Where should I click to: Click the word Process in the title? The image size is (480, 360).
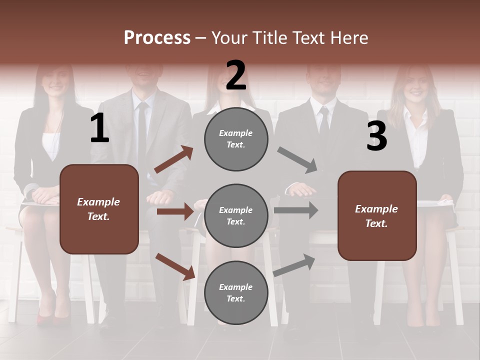click(x=157, y=37)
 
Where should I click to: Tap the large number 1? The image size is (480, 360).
click(x=99, y=128)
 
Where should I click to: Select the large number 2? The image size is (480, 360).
click(x=236, y=75)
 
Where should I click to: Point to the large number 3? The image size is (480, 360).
click(x=376, y=136)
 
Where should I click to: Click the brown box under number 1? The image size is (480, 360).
click(x=99, y=209)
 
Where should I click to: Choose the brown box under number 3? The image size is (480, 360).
click(x=377, y=216)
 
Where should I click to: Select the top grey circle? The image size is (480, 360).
click(x=236, y=139)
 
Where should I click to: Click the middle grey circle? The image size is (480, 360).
click(x=236, y=216)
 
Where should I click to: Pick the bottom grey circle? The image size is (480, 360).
click(x=236, y=293)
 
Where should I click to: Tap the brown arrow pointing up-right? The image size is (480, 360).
click(x=173, y=160)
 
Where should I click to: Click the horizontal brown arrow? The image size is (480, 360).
click(x=174, y=211)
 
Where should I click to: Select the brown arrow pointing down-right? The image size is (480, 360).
click(x=175, y=266)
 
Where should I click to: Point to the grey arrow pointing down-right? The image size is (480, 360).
click(x=297, y=160)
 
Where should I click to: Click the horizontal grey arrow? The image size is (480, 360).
click(x=296, y=210)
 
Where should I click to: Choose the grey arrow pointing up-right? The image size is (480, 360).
click(x=294, y=265)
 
